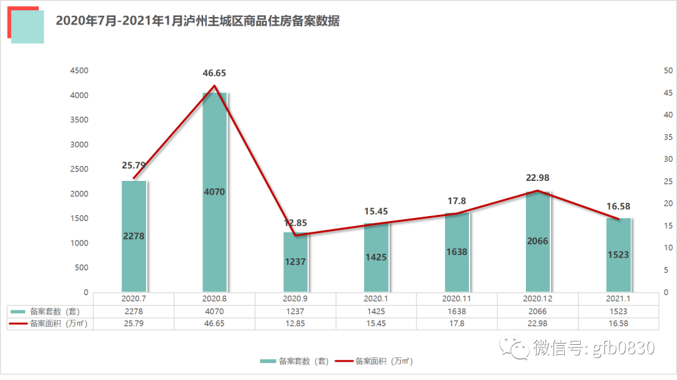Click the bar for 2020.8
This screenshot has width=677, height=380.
(214, 192)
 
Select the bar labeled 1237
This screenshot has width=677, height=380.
(295, 261)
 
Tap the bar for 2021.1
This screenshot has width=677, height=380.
(618, 254)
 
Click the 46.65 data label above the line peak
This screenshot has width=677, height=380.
(214, 73)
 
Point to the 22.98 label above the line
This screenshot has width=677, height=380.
(537, 178)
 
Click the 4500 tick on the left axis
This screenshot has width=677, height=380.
(79, 71)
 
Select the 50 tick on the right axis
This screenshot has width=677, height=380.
(668, 71)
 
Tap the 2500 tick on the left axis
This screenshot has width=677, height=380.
(79, 170)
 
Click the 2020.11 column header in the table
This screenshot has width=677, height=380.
(456, 299)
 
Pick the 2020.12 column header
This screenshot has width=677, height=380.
(537, 299)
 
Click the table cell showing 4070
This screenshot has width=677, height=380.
(214, 311)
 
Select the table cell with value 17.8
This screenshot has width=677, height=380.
(456, 323)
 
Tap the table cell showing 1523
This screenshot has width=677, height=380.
(618, 311)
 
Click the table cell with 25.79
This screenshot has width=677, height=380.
(134, 323)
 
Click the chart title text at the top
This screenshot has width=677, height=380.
(197, 21)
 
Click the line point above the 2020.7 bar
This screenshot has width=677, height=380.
(134, 178)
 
